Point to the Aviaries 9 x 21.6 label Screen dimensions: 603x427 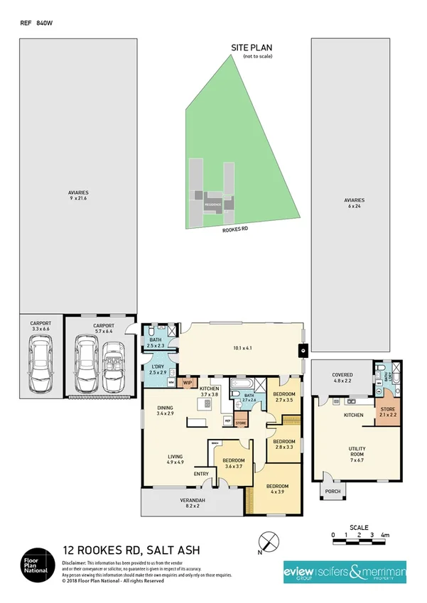coord(78,195)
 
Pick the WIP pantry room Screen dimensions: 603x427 coord(188,383)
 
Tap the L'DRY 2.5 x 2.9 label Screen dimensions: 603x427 coord(158,369)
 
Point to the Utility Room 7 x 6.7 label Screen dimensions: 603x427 coord(357,452)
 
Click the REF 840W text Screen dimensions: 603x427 coord(36,23)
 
